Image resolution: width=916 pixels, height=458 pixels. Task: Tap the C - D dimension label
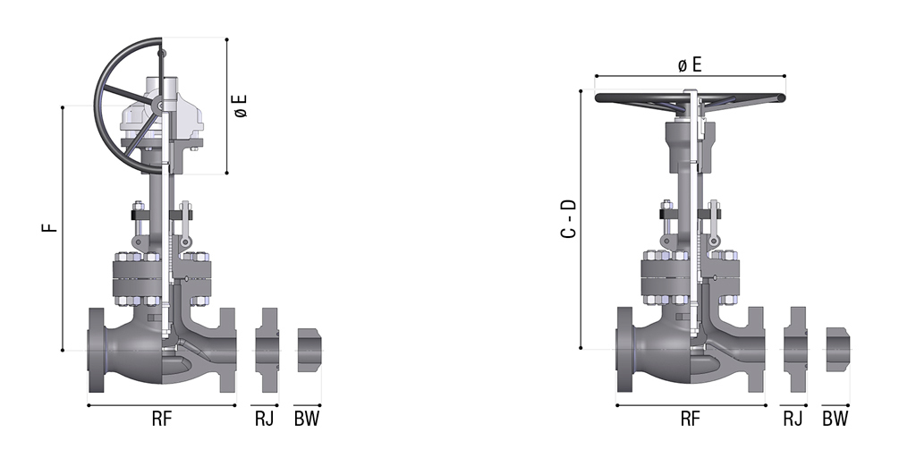point(568,219)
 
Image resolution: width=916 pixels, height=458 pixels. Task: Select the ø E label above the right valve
point(690,64)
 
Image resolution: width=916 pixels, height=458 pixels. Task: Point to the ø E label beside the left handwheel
point(241,106)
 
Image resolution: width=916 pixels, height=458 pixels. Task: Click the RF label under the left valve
point(162,419)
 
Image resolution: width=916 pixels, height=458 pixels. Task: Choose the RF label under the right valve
point(690,419)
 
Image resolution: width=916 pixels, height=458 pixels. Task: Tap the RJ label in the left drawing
point(264,419)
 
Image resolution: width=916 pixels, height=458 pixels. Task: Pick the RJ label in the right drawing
point(793,419)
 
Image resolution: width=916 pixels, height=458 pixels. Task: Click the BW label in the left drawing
point(307,419)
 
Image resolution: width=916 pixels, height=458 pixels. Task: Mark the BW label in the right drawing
point(835,419)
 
